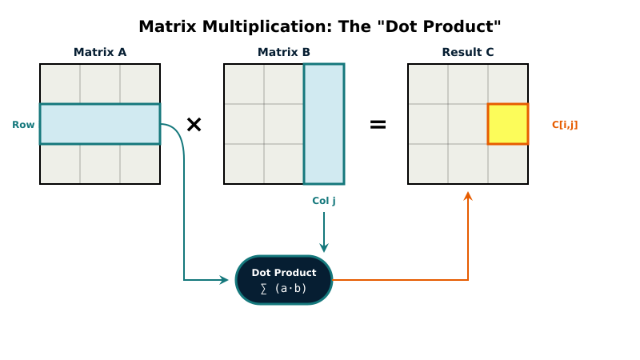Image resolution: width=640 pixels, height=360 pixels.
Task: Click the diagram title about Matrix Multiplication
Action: point(320,26)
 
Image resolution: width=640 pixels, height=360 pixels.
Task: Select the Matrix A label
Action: point(100,52)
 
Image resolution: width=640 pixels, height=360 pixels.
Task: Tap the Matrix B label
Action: point(284,52)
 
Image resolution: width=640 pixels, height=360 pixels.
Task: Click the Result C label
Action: point(468,52)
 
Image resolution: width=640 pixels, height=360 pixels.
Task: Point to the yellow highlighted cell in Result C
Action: point(508,124)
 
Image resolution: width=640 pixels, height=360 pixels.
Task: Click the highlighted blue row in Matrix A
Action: point(100,124)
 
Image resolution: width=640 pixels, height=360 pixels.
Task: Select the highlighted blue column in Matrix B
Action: point(324,124)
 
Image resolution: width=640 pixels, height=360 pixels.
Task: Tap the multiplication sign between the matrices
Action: point(194,125)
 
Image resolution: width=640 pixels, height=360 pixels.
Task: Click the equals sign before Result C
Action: point(378,125)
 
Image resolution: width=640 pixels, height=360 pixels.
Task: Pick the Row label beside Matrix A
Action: point(23,125)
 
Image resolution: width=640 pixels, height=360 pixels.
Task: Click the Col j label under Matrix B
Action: point(324,201)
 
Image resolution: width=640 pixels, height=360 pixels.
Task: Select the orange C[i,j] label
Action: point(565,125)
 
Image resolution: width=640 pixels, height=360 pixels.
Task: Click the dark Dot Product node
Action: point(284,280)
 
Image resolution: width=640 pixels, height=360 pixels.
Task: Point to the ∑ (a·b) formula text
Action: point(284,289)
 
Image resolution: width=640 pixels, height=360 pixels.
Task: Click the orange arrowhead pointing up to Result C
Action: point(468,196)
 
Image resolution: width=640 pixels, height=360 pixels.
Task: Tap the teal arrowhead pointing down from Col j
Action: point(324,248)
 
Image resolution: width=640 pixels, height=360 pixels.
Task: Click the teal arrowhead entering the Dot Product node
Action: point(225,280)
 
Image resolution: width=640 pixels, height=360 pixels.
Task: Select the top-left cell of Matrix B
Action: point(244,84)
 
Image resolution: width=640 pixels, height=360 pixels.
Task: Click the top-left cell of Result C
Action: point(428,84)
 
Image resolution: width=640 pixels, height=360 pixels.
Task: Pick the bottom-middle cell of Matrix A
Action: point(100,164)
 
